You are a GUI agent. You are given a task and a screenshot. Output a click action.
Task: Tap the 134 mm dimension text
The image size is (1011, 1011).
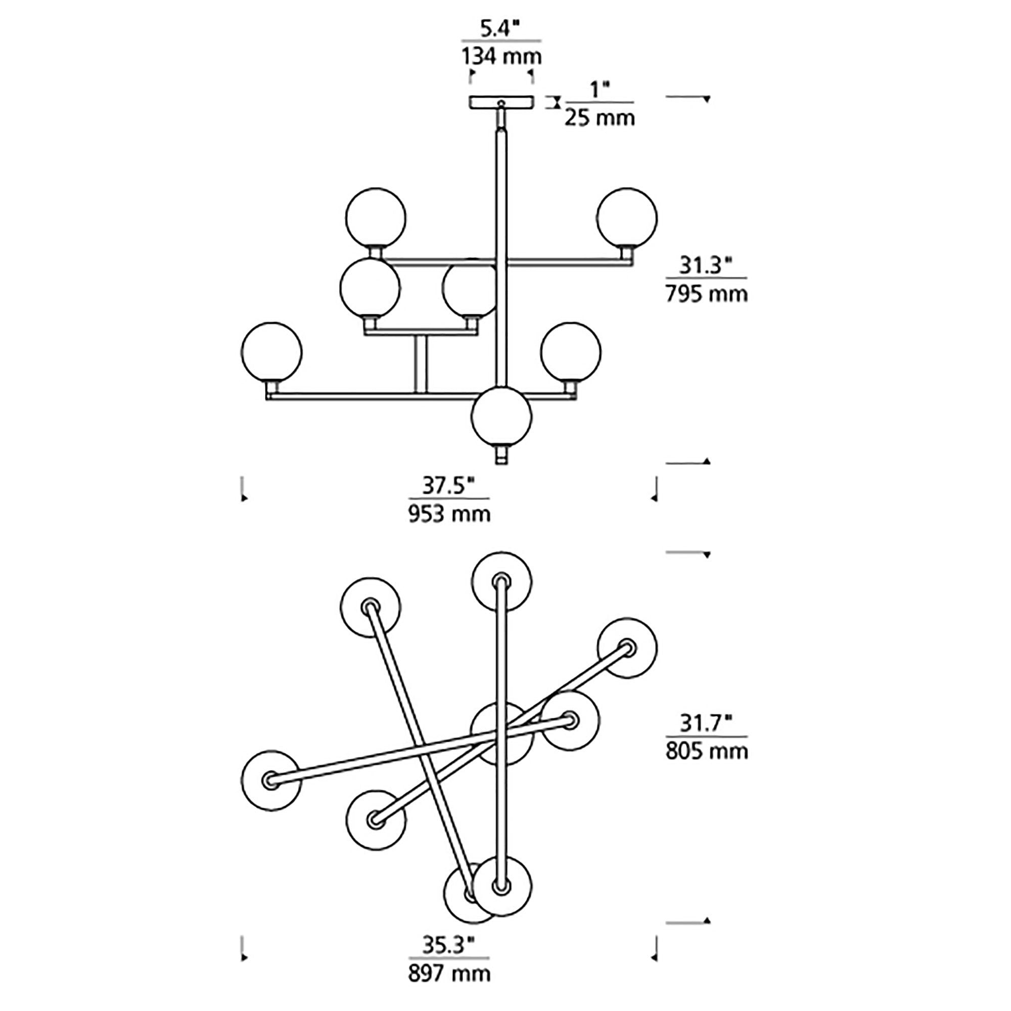tap(501, 57)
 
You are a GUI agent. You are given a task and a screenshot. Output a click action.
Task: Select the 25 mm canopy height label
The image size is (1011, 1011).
tap(599, 118)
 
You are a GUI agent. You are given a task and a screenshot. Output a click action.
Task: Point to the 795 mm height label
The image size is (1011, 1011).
tap(707, 294)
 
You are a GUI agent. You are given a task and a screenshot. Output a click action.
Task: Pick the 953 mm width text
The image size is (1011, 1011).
tap(449, 515)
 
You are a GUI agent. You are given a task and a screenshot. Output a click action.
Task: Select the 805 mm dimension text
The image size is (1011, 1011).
tap(707, 752)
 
